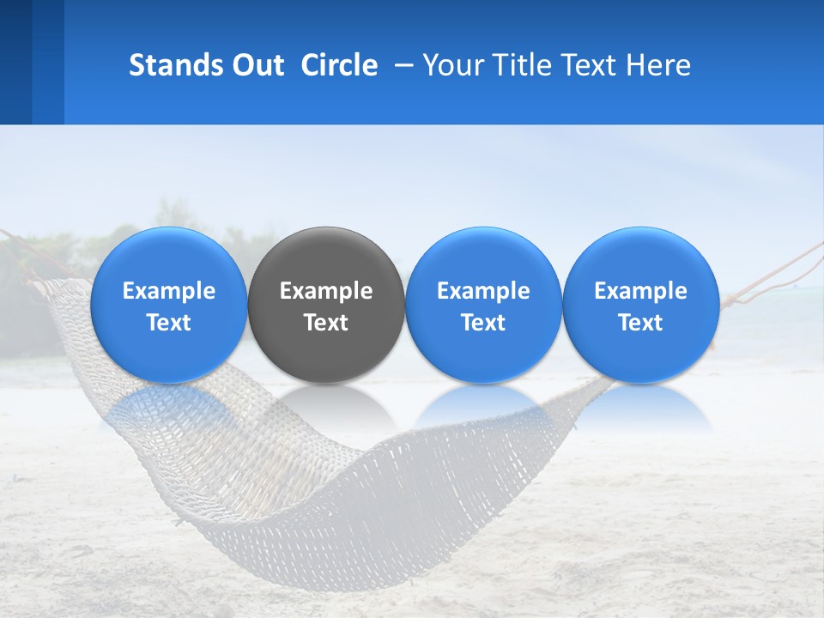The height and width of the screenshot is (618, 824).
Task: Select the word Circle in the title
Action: [339, 65]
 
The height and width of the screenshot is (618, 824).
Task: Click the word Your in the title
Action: [452, 65]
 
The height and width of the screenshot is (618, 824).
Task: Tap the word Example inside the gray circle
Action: [326, 291]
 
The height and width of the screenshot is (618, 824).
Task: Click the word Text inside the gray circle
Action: [326, 323]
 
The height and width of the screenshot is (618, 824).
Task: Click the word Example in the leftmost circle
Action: [169, 291]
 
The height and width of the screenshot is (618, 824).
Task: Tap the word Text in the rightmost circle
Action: [641, 323]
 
